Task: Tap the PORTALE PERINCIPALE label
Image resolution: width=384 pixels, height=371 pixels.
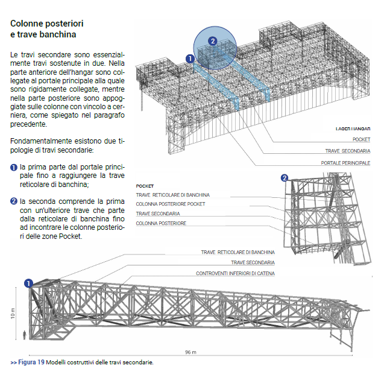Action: (x=345, y=163)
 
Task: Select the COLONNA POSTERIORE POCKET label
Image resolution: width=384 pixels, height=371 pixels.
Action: (x=171, y=205)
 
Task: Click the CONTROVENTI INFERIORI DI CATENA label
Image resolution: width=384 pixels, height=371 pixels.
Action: (x=235, y=273)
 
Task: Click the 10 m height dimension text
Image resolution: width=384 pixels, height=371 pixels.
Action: (x=12, y=313)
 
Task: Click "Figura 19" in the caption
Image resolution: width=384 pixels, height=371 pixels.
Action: (x=31, y=363)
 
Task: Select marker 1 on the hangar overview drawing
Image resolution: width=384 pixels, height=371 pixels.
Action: (x=189, y=59)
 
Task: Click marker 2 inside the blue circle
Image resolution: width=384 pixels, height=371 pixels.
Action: (x=212, y=41)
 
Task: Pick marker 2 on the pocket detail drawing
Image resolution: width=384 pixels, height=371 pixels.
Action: (x=285, y=177)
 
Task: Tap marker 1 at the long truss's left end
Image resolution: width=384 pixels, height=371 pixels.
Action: (x=28, y=282)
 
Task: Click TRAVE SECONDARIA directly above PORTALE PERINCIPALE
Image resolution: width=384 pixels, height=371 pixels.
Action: (x=348, y=151)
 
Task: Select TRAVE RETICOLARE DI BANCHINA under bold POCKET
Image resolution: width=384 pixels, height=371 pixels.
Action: (x=173, y=195)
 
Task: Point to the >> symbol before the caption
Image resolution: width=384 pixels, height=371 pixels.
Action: (x=13, y=363)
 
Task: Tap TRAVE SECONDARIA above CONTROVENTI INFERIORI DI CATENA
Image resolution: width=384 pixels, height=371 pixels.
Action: (x=253, y=263)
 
